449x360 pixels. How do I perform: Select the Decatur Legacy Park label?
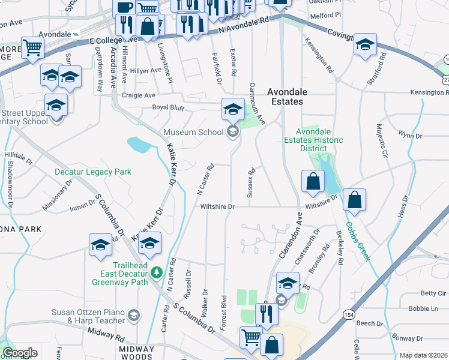92,172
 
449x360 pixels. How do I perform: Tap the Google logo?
20,353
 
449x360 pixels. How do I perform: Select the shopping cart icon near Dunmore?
32,47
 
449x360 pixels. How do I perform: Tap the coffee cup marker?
124,8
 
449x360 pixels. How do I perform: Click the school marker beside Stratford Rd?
364,46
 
